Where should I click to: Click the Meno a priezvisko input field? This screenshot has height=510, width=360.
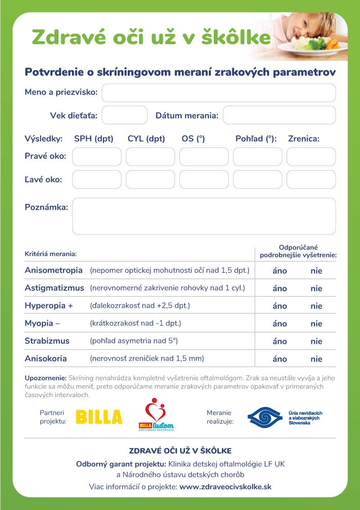[219, 93]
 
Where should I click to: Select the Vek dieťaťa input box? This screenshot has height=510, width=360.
[125, 115]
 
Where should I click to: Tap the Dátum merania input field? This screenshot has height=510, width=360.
[279, 115]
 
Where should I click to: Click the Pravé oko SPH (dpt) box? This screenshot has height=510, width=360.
[97, 157]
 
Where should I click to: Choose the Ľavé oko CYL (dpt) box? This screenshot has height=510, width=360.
[150, 180]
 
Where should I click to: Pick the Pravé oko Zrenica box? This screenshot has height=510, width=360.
[311, 157]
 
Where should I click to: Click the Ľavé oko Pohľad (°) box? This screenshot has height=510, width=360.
[257, 180]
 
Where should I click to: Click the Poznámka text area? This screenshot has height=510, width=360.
[204, 216]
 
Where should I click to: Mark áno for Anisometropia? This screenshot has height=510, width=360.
[279, 271]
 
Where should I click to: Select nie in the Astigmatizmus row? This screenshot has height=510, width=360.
[316, 289]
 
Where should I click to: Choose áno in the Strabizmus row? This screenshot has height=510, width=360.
[279, 341]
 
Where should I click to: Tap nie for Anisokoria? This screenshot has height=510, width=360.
[316, 359]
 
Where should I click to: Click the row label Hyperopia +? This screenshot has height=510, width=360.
[49, 306]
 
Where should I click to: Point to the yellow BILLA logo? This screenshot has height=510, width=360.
[99, 417]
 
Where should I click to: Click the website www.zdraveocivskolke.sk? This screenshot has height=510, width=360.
[225, 487]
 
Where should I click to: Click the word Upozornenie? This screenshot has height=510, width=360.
[45, 378]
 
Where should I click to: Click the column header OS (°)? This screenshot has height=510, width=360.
[193, 139]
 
